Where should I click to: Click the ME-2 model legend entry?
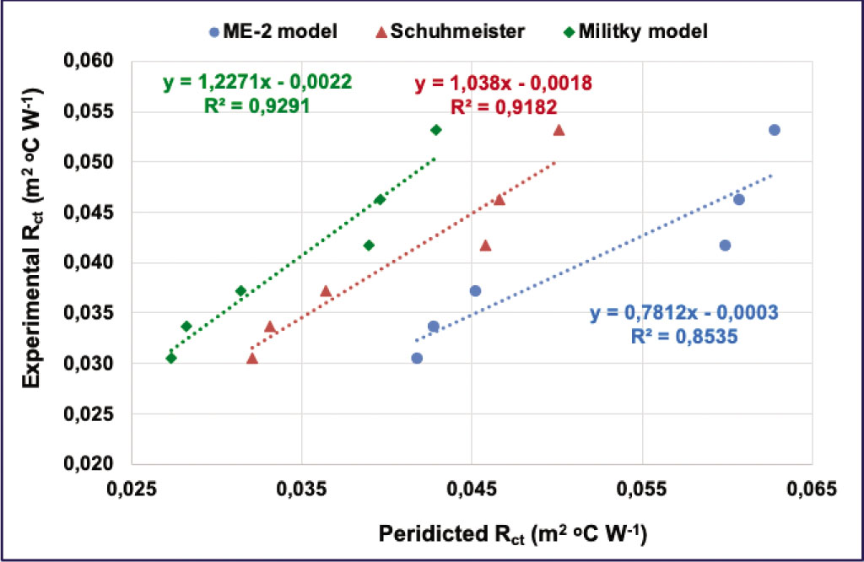273,32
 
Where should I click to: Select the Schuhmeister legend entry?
452,32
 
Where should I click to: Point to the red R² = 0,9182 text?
503,107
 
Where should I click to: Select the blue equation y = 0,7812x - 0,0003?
683,313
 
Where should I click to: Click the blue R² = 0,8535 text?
684,337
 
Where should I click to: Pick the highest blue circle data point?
774,130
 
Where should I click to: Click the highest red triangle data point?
559,130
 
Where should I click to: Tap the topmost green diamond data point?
436,130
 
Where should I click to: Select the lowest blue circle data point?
417,358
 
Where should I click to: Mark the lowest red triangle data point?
252,359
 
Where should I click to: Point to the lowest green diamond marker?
171,359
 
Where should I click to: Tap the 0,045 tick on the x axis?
471,489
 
